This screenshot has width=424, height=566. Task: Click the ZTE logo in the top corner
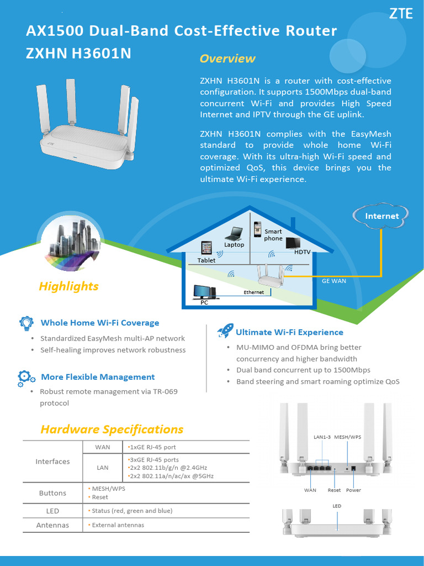[400, 14]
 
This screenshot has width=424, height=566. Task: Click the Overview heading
[227, 59]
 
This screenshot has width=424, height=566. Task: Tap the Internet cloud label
[381, 216]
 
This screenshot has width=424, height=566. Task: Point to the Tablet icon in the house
[206, 248]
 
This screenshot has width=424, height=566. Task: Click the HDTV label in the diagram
[303, 252]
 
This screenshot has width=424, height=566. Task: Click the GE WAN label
[334, 281]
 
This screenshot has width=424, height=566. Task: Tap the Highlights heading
[68, 286]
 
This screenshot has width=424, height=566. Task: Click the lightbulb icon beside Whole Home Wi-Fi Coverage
[26, 323]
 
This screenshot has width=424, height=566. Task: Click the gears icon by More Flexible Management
[26, 378]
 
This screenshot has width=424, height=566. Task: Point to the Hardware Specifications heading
[112, 429]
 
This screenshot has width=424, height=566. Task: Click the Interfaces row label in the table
[52, 462]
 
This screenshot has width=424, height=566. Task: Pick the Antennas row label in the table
[52, 525]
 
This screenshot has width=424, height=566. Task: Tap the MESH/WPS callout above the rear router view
[348, 437]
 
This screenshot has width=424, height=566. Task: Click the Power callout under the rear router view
[353, 490]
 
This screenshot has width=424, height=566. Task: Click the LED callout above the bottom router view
[337, 506]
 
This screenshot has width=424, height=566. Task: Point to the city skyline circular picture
[70, 242]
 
